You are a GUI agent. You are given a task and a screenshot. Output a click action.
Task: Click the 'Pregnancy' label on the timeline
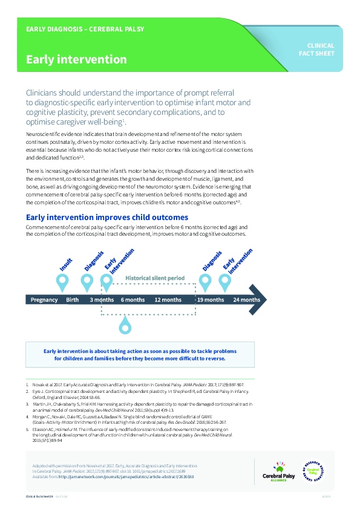coord(44,300)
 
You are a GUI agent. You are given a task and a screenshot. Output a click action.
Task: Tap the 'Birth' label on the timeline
coord(72,300)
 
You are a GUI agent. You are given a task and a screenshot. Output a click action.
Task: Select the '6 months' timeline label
coord(133,300)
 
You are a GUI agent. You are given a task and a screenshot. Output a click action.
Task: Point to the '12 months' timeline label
coord(168,300)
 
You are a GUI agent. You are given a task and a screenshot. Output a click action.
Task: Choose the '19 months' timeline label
coord(211,300)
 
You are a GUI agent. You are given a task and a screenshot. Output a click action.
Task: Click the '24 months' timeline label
coord(246,300)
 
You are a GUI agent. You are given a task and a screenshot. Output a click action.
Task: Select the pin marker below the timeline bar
coord(125,326)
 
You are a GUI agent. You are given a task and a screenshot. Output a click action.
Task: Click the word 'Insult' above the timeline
coord(66,264)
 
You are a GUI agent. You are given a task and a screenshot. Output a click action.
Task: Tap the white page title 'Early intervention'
coord(76,60)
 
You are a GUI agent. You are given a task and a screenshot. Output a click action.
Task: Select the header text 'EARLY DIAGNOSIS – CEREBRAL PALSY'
coord(85,29)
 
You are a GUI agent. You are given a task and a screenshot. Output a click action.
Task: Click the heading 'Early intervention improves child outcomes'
coord(106,217)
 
